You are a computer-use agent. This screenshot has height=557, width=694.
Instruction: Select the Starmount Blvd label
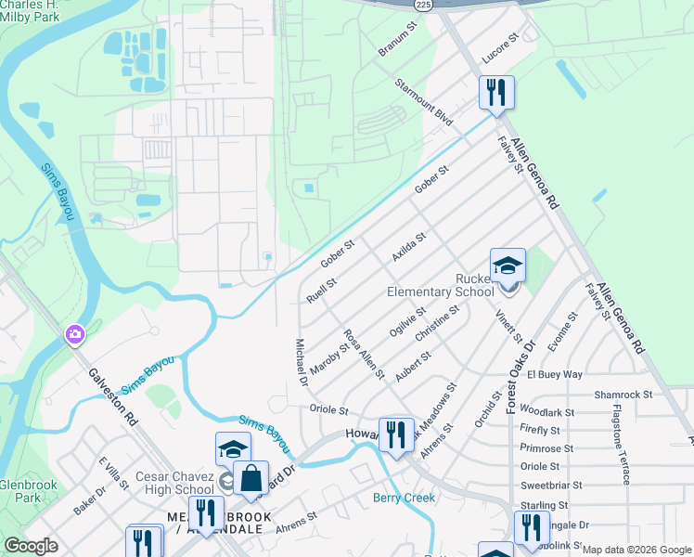click(x=423, y=104)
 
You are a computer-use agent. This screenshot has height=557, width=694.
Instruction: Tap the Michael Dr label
click(x=301, y=362)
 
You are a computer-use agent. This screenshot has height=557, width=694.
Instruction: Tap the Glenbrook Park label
click(x=29, y=492)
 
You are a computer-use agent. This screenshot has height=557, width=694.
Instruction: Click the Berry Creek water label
click(x=404, y=498)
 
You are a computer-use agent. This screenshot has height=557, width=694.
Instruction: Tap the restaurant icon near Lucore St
click(x=496, y=92)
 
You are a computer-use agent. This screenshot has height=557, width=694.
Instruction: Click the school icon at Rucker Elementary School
click(x=508, y=266)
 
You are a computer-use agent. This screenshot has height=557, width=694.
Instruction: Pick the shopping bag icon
click(x=251, y=478)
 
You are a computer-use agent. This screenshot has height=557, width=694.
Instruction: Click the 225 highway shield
click(x=423, y=4)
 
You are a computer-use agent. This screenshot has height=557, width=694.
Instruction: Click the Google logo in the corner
click(x=31, y=546)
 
